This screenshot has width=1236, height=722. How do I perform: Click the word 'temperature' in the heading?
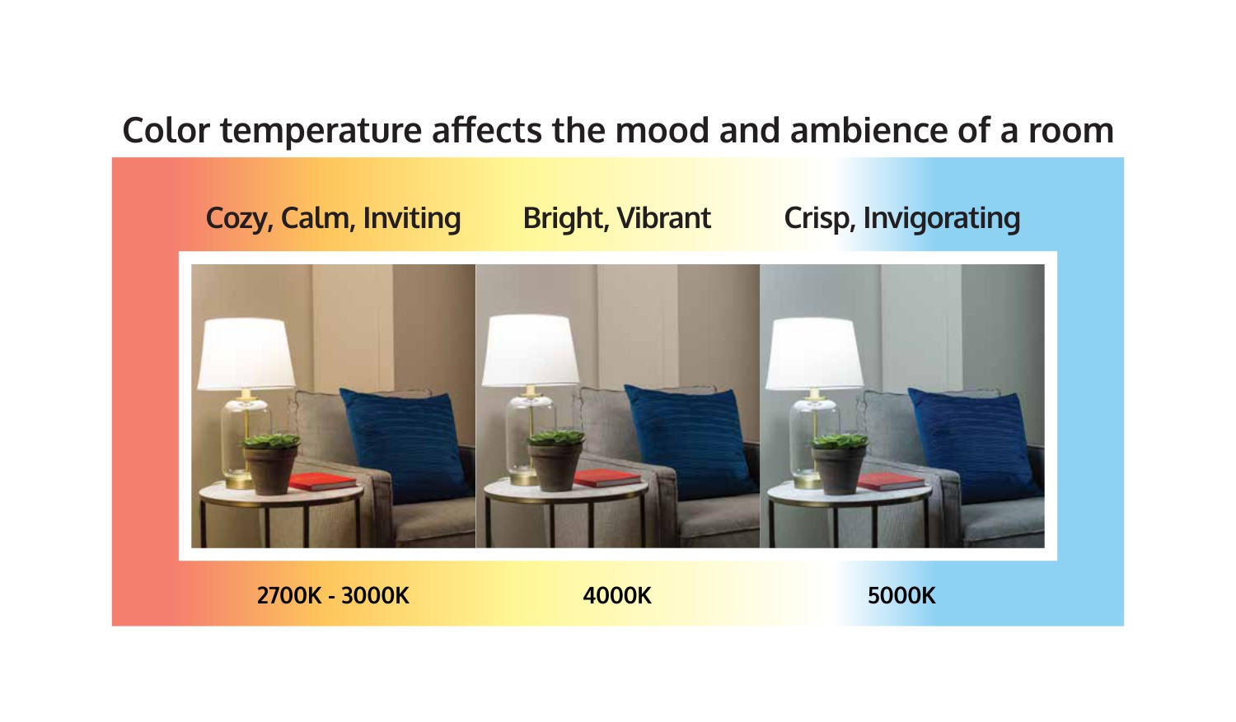(321, 131)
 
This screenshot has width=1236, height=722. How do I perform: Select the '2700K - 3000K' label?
(333, 596)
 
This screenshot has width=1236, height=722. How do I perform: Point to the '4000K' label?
(617, 596)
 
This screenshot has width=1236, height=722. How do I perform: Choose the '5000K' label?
(901, 596)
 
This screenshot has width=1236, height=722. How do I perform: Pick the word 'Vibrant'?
(664, 218)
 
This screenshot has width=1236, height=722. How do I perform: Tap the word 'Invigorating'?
(941, 219)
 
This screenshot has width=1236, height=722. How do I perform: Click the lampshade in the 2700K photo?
(246, 354)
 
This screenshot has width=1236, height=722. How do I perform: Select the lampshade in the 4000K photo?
(531, 351)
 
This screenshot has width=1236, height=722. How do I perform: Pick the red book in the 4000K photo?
(607, 478)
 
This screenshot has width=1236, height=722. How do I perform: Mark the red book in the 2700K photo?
(323, 482)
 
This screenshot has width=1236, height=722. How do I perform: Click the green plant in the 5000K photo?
(840, 441)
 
